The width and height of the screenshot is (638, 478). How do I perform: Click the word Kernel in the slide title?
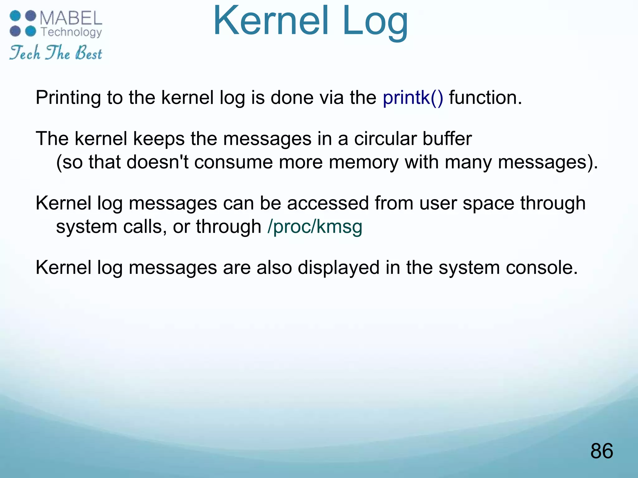tap(271, 21)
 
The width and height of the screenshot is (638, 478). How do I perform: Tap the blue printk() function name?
tap(413, 98)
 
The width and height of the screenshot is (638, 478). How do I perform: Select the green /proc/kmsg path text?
tap(315, 227)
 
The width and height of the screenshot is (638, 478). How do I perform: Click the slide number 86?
tap(602, 451)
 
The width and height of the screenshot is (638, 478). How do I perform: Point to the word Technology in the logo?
tap(71, 32)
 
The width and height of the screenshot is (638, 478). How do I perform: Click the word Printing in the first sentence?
tap(68, 98)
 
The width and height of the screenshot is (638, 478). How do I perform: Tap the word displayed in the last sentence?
tap(339, 268)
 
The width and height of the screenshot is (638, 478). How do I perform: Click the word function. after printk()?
tap(485, 98)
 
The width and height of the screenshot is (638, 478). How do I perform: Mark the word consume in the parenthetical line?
tap(233, 163)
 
